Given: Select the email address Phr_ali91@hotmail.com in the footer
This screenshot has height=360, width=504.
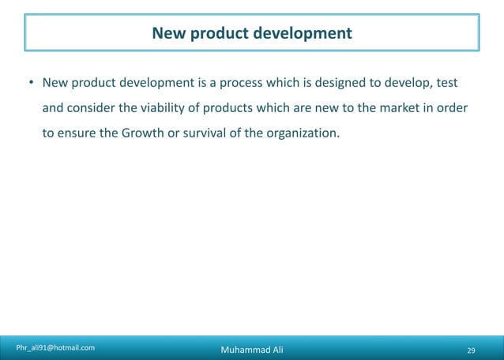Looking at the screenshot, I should (x=55, y=347).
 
